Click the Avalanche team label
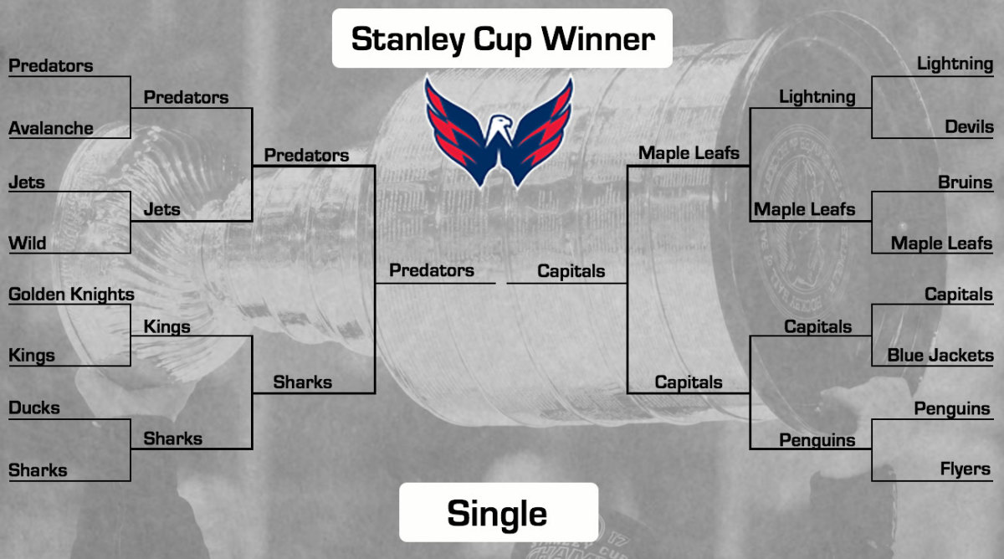50,128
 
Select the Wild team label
27,244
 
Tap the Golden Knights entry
71,295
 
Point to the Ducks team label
33,408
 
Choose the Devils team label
969,127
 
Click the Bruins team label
965,182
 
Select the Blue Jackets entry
940,356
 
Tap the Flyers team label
965,469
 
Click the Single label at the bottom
497,513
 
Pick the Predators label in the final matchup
432,270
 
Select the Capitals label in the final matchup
571,271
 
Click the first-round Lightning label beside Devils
955,64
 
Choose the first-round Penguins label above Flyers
952,409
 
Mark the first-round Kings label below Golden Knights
31,356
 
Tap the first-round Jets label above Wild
27,182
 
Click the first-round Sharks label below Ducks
38,470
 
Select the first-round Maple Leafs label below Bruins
941,244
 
